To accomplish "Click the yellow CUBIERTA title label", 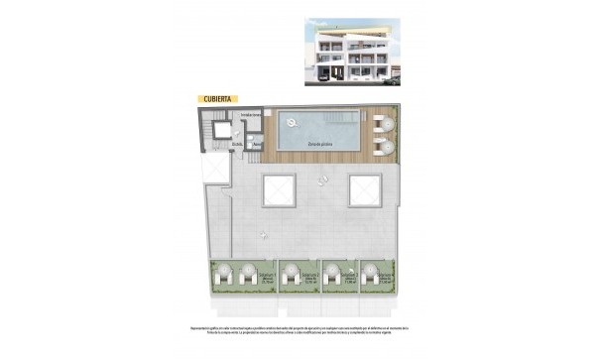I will (216, 99).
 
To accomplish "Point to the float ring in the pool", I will (292, 122).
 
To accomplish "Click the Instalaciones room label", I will (251, 115).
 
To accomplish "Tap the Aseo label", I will (257, 145).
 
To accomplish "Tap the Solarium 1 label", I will (270, 277).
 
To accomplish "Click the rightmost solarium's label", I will (382, 277).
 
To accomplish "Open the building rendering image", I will (356, 48).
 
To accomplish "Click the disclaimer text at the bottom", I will (300, 330).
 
